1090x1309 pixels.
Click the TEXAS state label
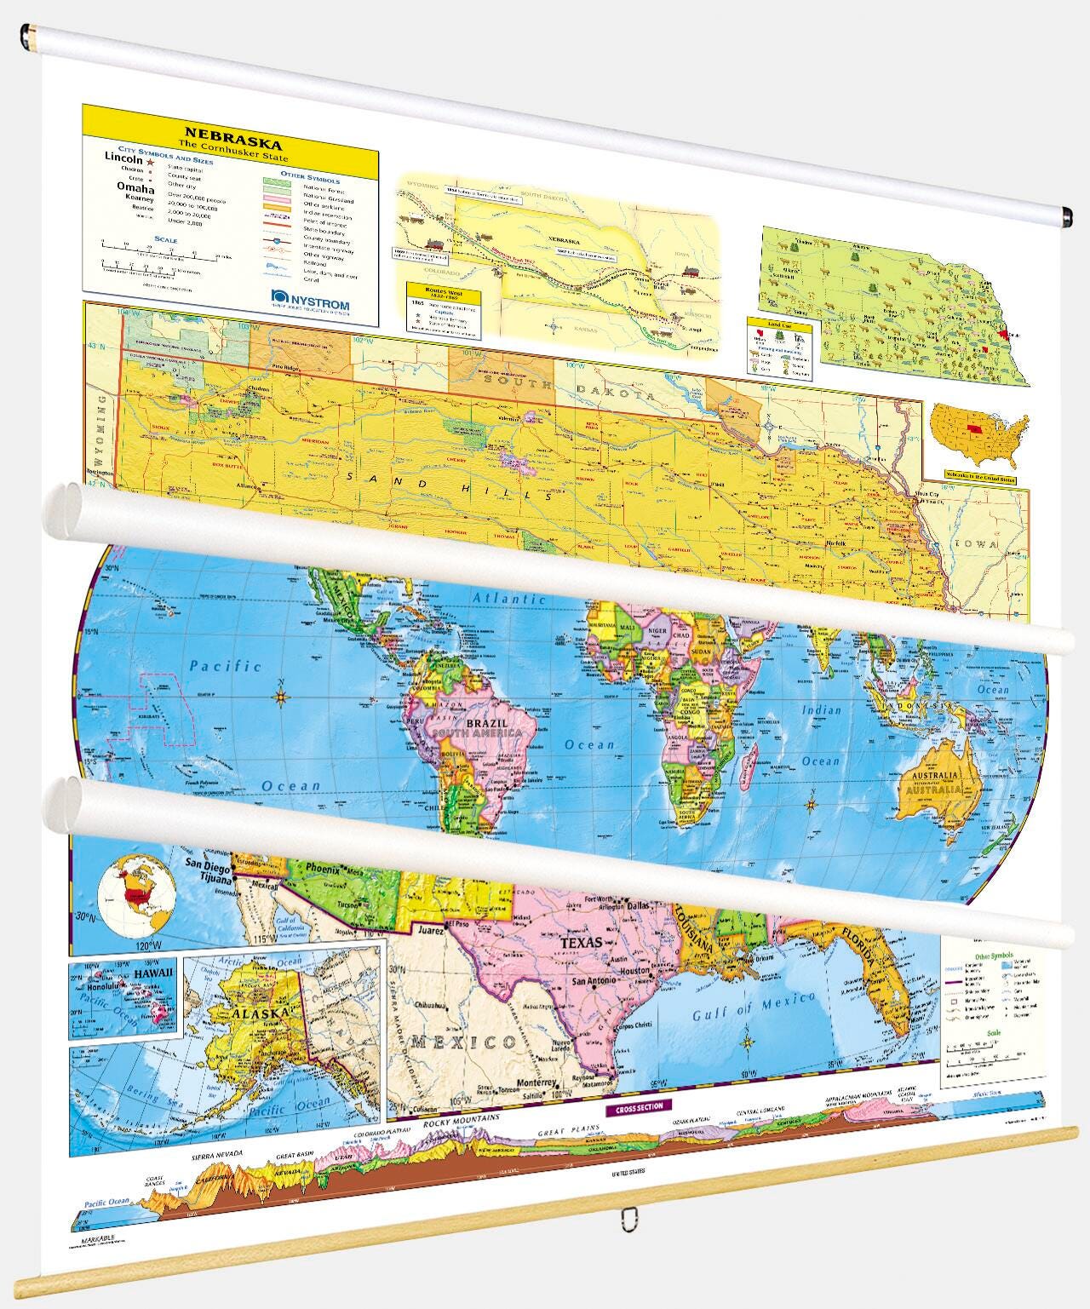581,943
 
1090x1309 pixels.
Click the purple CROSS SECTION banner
638,1105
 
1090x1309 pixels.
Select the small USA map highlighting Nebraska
978,434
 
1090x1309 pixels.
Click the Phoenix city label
323,870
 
